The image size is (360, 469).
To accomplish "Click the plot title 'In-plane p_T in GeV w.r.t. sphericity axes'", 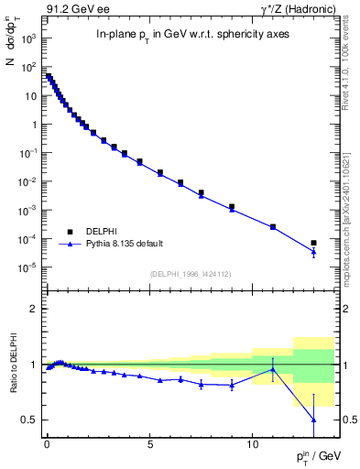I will pos(180,35).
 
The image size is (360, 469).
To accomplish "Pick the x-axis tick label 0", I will pos(47,442).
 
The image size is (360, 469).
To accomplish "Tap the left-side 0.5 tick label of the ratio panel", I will pos(30,420).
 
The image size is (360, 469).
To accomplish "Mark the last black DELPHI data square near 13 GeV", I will pos(313,243).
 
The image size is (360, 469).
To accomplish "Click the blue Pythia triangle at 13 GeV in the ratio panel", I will pos(313,420).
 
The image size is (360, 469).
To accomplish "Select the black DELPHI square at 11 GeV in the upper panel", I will pos(273,226).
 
